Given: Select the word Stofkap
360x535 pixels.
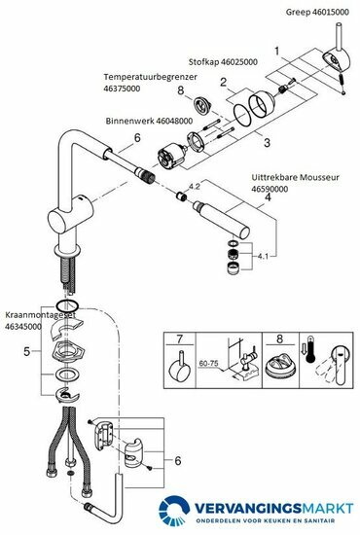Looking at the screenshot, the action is point(203,62).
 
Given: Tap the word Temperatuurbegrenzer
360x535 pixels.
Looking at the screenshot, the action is point(151,77).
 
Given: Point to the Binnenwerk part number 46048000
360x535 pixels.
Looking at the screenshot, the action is point(174,121).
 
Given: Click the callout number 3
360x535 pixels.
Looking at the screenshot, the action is point(267,142).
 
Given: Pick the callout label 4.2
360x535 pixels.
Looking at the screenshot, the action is point(195,187).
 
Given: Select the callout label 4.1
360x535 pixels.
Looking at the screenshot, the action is point(263,257).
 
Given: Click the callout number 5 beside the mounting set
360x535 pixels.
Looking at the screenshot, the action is point(27,351).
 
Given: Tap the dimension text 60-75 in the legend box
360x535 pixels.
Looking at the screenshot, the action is point(208,363).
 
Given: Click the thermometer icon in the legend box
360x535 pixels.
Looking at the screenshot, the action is point(310,350).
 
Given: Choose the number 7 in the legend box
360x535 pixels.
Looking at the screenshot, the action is point(179,339).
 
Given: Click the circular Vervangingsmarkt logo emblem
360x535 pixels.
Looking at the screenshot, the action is point(174,511).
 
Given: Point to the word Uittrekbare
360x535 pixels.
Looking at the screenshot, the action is point(272,177).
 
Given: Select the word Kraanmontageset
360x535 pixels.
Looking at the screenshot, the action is point(40,315).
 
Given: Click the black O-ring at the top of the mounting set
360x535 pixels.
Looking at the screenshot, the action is point(67,305).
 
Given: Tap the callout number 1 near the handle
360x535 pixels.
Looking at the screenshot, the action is point(276,52).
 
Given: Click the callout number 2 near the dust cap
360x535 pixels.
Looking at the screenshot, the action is point(224,82).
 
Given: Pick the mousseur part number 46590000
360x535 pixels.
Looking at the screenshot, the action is point(270,189).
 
